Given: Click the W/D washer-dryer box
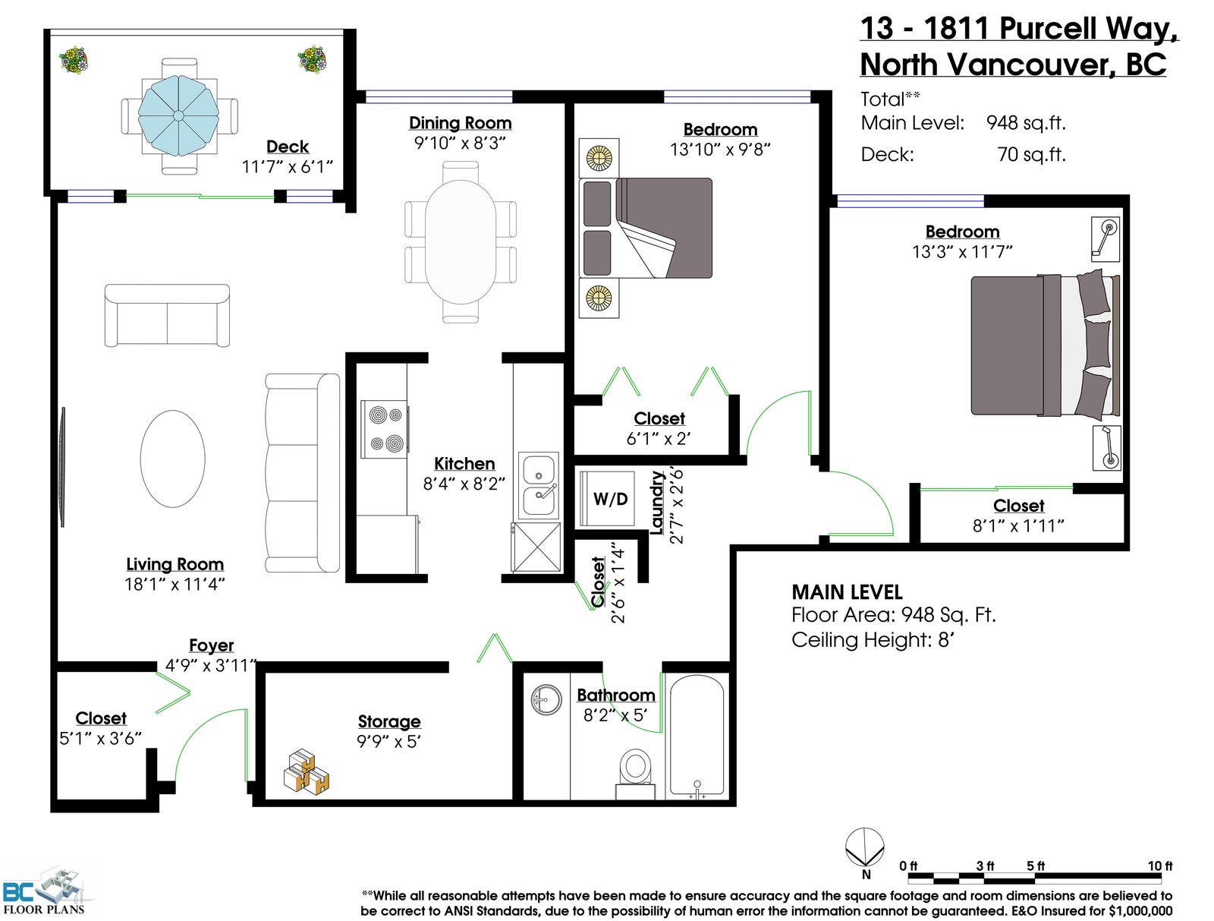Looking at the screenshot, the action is [x=607, y=498].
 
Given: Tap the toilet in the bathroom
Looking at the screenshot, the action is [x=635, y=774].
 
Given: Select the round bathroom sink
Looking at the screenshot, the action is [x=546, y=699].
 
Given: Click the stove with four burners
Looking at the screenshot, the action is [x=385, y=429].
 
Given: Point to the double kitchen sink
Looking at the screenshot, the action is [x=538, y=485].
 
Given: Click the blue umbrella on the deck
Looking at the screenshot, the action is [x=178, y=115].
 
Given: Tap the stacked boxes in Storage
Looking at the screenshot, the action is [x=306, y=771].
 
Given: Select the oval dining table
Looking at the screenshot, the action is [x=460, y=242].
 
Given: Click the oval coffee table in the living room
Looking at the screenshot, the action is [x=172, y=459].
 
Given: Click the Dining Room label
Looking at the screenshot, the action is [x=460, y=122].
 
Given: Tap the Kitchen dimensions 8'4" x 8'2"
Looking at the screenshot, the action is [x=464, y=484].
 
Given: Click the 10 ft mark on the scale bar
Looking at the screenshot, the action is [x=1159, y=866].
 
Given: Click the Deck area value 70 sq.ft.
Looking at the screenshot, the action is [x=1031, y=154].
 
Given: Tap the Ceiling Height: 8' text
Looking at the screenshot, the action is [x=873, y=640].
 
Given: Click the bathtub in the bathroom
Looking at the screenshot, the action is [x=697, y=736].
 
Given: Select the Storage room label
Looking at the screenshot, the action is [x=388, y=721].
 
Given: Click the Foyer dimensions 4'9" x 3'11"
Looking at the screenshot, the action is [x=211, y=664].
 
